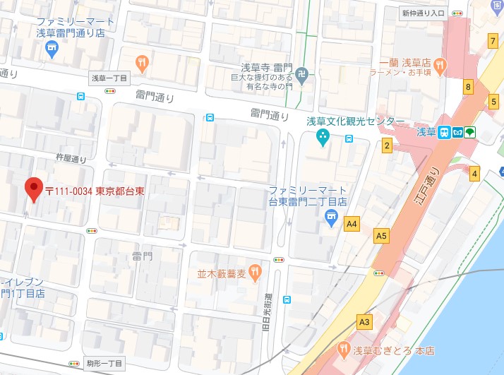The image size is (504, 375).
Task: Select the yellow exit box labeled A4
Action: point(352,225)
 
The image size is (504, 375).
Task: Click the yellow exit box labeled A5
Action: point(382,236)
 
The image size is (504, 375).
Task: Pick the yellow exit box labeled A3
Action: point(364,322)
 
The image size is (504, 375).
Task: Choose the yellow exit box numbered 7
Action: point(492,42)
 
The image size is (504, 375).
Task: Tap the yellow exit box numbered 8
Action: point(467,88)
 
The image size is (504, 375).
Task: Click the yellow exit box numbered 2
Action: point(387,146)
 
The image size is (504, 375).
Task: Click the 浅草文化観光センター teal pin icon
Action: point(323,136)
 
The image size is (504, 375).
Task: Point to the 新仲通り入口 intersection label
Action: point(423,13)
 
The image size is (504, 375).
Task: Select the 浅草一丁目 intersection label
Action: point(109,78)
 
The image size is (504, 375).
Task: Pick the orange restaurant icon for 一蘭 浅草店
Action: point(438,66)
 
